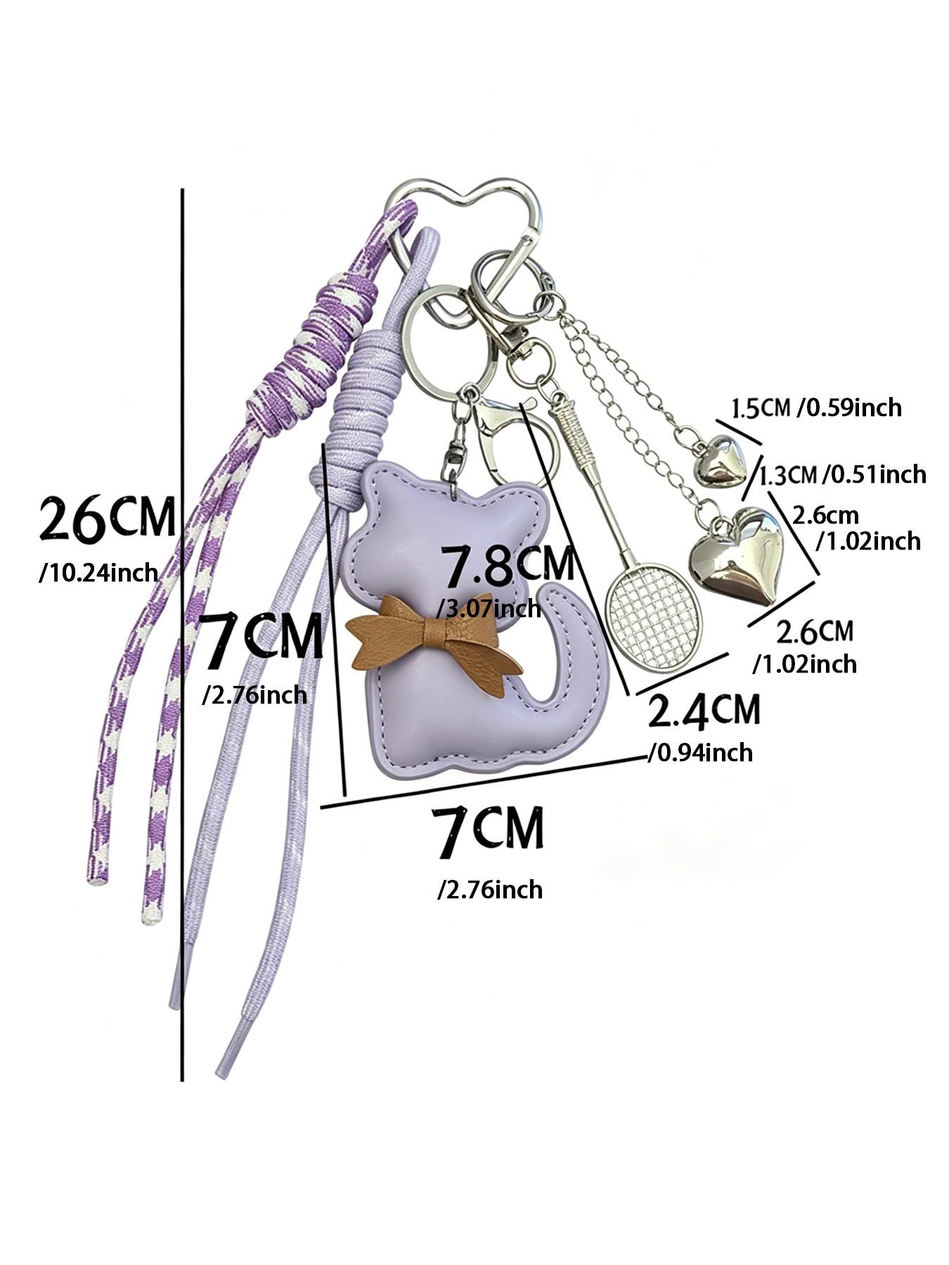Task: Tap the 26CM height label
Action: point(107,519)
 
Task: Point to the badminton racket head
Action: point(654,616)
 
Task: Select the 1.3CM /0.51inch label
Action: point(842,474)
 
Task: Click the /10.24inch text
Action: point(98,573)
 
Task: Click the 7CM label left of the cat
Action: point(261,639)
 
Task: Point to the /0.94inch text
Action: point(700,753)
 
